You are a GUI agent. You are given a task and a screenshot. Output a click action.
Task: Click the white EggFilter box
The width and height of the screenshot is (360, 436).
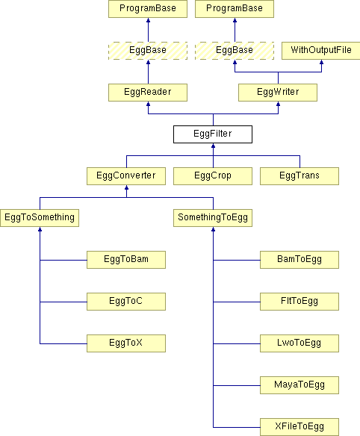(x=213, y=134)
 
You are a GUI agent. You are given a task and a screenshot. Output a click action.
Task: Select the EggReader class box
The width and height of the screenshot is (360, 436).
(x=148, y=93)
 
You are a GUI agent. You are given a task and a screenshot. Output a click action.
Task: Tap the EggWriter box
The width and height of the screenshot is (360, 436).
(x=278, y=93)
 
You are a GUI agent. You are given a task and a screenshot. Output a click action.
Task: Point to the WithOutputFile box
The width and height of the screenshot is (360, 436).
(x=320, y=51)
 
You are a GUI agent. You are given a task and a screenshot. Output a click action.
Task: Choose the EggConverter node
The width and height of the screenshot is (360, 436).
(x=126, y=176)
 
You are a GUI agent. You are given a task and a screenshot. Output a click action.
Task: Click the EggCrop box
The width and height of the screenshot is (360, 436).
(x=213, y=176)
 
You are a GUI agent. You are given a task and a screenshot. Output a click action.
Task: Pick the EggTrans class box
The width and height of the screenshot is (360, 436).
(x=300, y=176)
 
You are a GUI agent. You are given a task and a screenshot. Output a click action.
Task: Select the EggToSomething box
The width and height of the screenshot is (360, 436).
(x=40, y=218)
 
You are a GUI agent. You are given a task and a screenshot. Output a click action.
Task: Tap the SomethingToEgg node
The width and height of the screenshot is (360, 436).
(x=213, y=218)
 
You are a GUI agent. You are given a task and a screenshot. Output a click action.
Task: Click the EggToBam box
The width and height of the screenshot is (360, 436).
(x=126, y=260)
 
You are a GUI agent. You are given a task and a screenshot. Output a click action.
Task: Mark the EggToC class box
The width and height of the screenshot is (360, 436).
(x=126, y=302)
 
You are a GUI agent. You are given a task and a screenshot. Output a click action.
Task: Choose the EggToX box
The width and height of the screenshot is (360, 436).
(x=126, y=343)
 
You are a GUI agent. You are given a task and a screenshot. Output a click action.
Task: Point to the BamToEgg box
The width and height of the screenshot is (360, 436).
(x=300, y=260)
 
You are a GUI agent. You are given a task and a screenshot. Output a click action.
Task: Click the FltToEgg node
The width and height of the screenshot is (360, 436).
(x=300, y=302)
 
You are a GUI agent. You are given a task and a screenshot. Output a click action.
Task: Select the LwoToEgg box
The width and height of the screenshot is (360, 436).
(x=300, y=343)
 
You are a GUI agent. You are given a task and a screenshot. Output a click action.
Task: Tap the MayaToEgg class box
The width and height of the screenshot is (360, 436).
(x=300, y=385)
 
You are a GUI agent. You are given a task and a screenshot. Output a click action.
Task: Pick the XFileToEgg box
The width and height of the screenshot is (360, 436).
(x=300, y=427)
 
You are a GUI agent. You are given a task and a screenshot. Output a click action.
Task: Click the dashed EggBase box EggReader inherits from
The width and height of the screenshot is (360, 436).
(x=148, y=51)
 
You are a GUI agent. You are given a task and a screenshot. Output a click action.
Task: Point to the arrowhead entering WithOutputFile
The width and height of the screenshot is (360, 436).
(x=322, y=62)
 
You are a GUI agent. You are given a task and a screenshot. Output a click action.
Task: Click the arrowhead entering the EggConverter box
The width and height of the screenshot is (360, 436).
(x=126, y=187)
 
